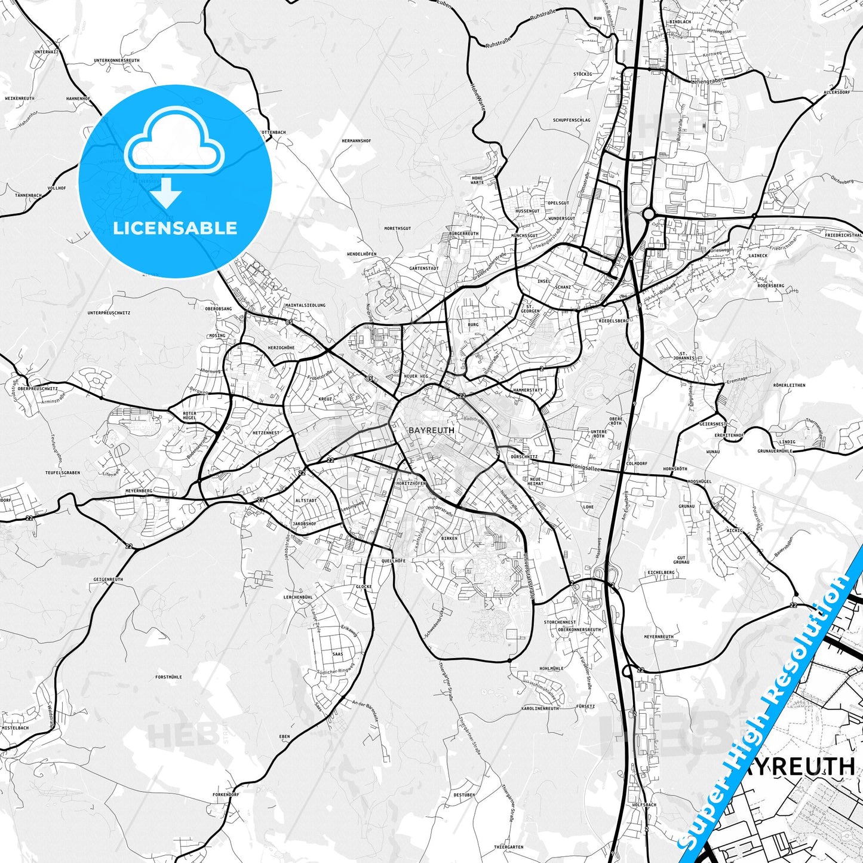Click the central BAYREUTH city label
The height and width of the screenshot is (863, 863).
click(x=431, y=430)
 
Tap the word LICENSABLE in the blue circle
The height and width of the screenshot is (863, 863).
click(x=175, y=228)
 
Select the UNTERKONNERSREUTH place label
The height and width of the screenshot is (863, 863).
click(x=116, y=61)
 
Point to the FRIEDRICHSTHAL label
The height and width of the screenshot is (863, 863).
click(x=843, y=235)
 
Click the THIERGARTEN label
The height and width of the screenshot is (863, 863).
click(x=509, y=847)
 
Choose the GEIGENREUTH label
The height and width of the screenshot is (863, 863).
click(x=108, y=579)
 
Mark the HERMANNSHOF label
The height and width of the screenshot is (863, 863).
click(x=356, y=141)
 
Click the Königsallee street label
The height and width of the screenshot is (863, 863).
click(x=585, y=466)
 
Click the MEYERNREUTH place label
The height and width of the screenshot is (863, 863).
click(x=659, y=637)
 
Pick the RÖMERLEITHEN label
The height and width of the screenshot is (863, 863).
click(x=789, y=385)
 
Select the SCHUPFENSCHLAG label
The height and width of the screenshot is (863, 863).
click(x=571, y=120)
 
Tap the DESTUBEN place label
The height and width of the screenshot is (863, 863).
click(x=464, y=795)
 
